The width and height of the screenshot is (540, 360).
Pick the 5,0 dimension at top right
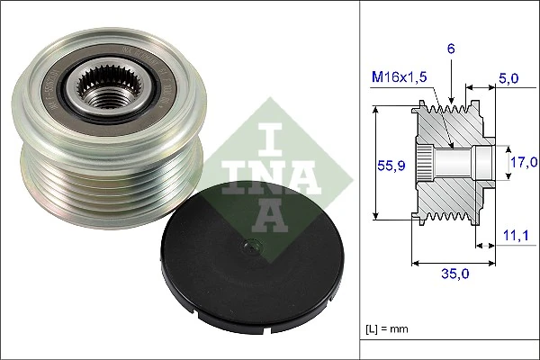click(x=508, y=78)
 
